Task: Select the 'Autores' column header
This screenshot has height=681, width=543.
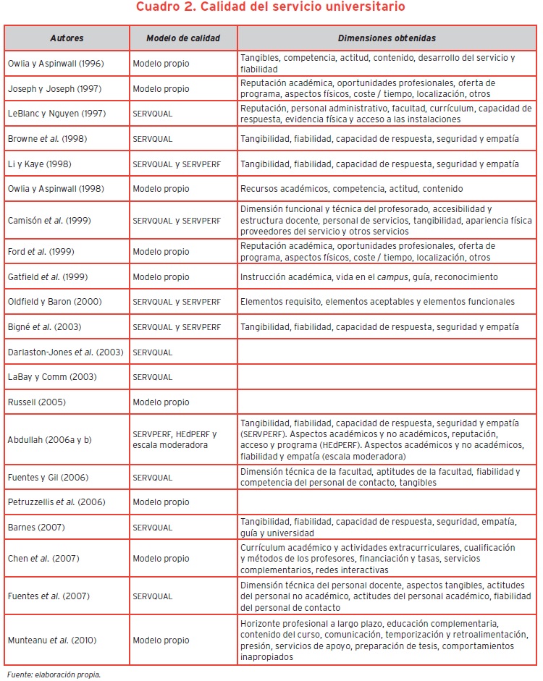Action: coord(67,38)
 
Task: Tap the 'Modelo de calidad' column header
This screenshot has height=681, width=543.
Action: coord(183,38)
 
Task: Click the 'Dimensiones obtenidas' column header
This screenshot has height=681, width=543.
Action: coord(387,38)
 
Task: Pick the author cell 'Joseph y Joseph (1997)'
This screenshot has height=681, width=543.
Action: coord(54,89)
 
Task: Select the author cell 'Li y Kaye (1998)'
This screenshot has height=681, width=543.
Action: coord(40,164)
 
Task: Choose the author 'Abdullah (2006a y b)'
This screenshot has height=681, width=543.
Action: coord(51,439)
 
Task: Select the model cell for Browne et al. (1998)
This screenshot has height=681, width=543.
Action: coord(153,139)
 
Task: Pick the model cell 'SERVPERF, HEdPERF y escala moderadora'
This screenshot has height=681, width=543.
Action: coord(174,439)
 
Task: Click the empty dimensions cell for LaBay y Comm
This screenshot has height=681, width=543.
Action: coord(387,377)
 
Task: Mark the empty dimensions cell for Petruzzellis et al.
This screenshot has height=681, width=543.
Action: coord(387,502)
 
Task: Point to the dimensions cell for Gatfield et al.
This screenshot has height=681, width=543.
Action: coord(369,277)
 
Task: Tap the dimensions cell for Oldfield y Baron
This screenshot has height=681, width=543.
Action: coord(377,302)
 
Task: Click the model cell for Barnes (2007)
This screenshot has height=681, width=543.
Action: coord(153,528)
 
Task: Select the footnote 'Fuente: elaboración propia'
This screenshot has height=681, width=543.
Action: coord(54,674)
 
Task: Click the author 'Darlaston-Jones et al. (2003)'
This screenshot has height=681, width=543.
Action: coord(65,352)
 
